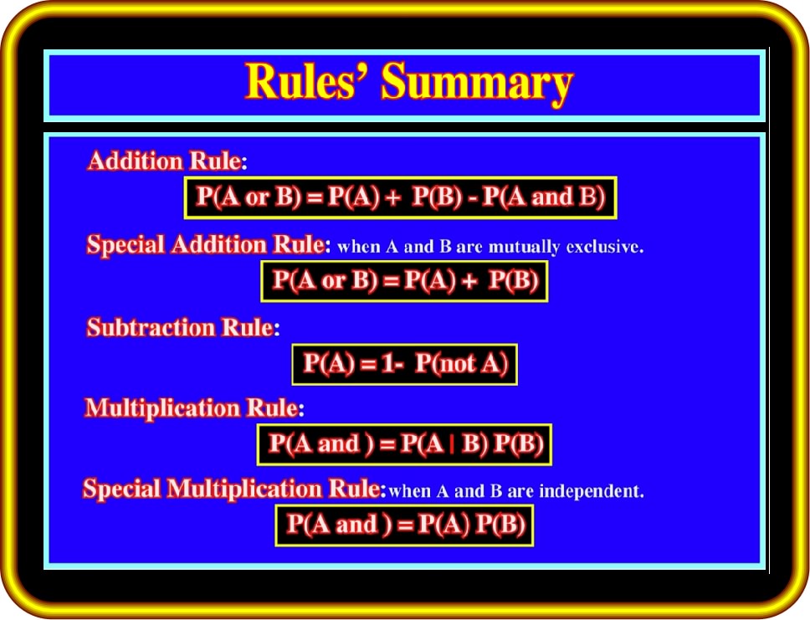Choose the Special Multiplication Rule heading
pyautogui.click(x=233, y=489)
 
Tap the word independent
pyautogui.click(x=592, y=491)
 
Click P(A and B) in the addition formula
pyautogui.click(x=543, y=197)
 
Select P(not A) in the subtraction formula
pyautogui.click(x=461, y=364)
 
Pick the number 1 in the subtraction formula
pyautogui.click(x=388, y=364)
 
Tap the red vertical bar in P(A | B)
pyautogui.click(x=452, y=445)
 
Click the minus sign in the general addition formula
pyautogui.click(x=472, y=199)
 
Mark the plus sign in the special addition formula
pyautogui.click(x=469, y=282)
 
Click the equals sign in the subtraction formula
pyautogui.click(x=368, y=366)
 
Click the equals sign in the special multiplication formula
pyautogui.click(x=406, y=526)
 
